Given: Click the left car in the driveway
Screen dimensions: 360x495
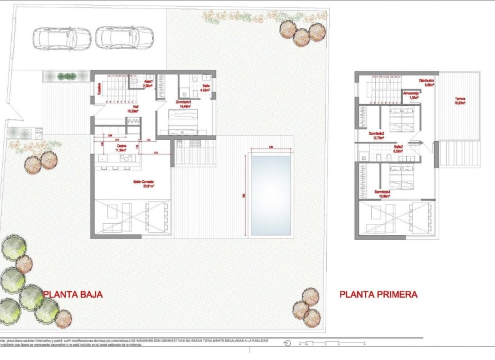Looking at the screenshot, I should coord(64,38).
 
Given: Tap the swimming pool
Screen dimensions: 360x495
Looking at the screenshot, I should coord(271,195).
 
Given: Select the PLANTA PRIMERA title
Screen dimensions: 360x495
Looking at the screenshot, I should coord(379,294).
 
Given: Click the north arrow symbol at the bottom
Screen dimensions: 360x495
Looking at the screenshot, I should coord(288,343).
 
